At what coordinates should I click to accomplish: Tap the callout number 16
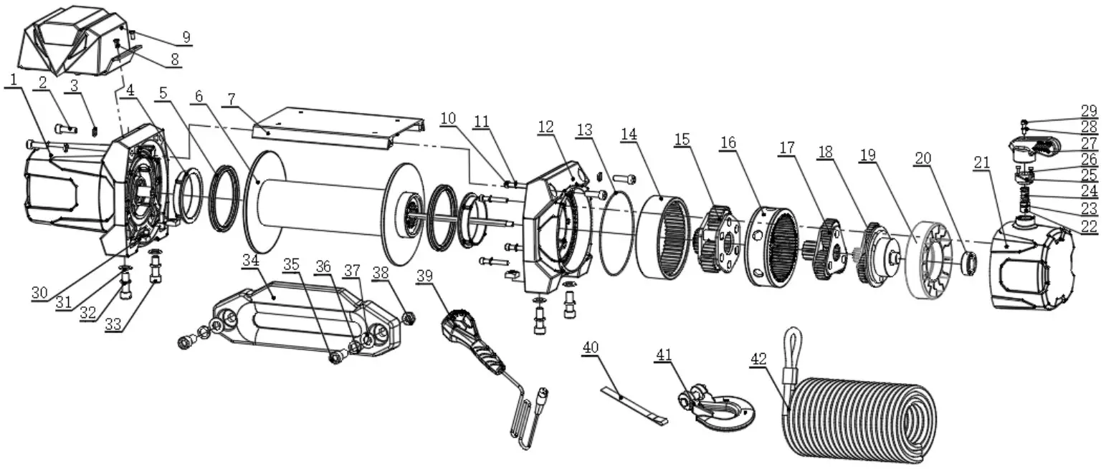pos(728,142)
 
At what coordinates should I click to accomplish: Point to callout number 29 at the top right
pos(1089,110)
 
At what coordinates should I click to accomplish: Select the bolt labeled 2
pos(66,130)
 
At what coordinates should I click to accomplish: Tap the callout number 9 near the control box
pos(186,37)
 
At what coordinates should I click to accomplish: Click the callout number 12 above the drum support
pos(546,127)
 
